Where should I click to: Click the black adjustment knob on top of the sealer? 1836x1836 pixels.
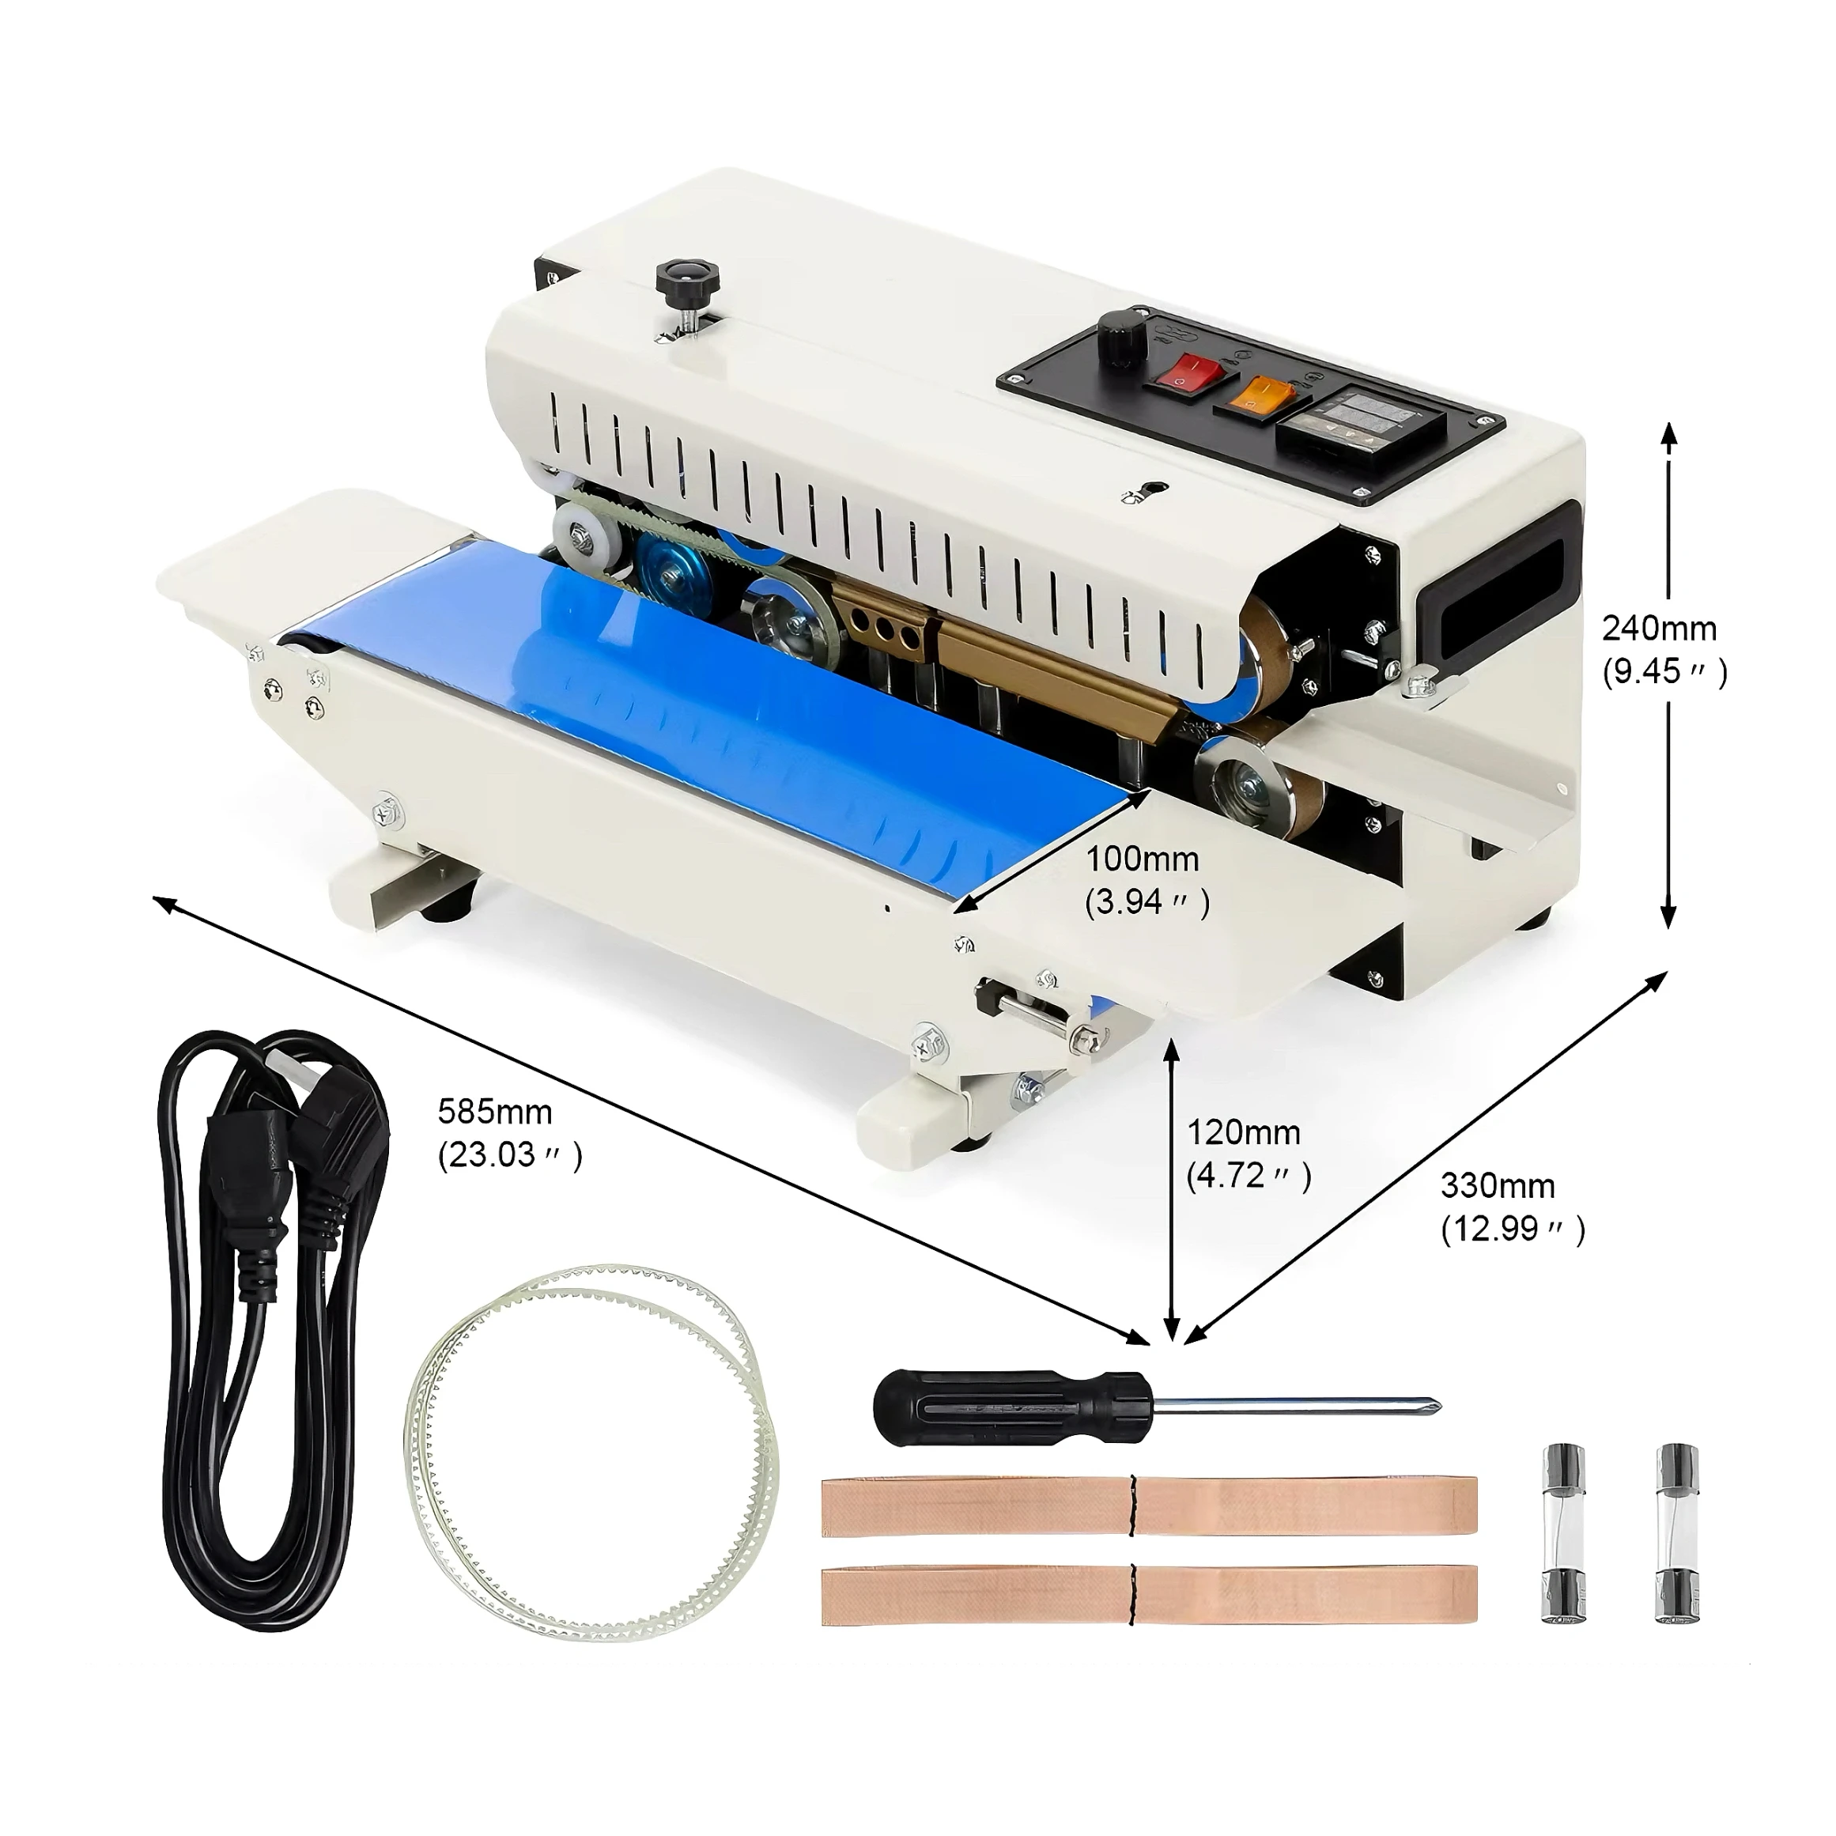point(687,279)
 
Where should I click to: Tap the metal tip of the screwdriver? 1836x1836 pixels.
point(1426,1406)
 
